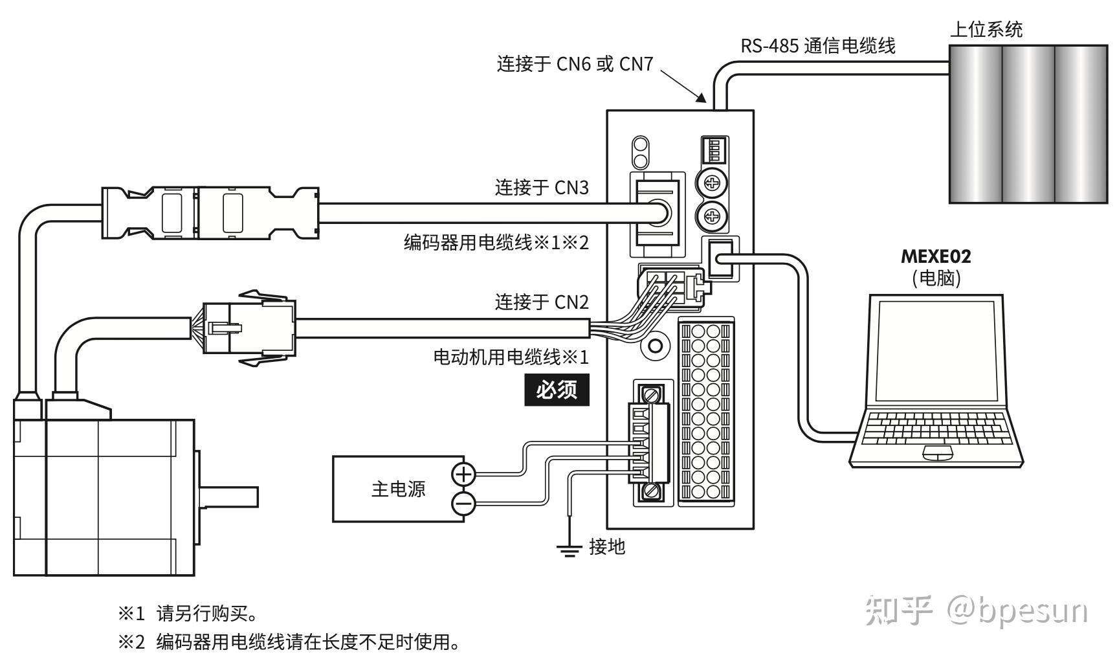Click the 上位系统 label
(x=986, y=30)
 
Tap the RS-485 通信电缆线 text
(x=818, y=45)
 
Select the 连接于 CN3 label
(x=542, y=188)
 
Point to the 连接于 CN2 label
(x=542, y=302)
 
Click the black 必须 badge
(x=557, y=390)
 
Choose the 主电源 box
(x=398, y=489)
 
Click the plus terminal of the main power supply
(x=463, y=475)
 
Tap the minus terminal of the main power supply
(x=463, y=503)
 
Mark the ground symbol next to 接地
(x=568, y=550)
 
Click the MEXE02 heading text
(x=936, y=256)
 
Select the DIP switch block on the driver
(x=714, y=151)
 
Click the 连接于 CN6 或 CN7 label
(x=575, y=64)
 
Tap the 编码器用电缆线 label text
(x=467, y=243)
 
